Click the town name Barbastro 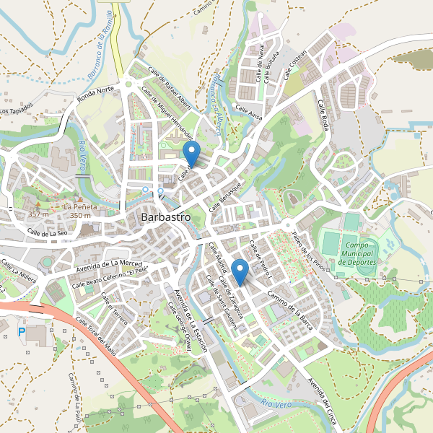coord(166,216)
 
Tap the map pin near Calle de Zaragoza coord(241,271)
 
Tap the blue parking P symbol coord(21,331)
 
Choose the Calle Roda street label coord(323,116)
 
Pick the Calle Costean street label coord(295,64)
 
